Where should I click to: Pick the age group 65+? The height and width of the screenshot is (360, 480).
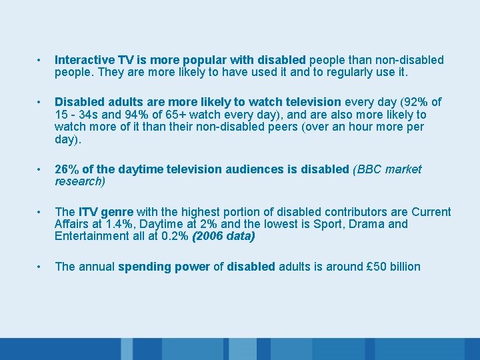click(x=169, y=115)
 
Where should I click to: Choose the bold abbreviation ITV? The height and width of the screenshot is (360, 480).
click(x=88, y=212)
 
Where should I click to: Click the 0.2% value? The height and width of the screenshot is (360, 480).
click(x=174, y=236)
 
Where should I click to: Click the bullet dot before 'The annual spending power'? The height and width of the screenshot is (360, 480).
click(x=40, y=267)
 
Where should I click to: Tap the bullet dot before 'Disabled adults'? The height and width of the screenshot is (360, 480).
click(x=40, y=102)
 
